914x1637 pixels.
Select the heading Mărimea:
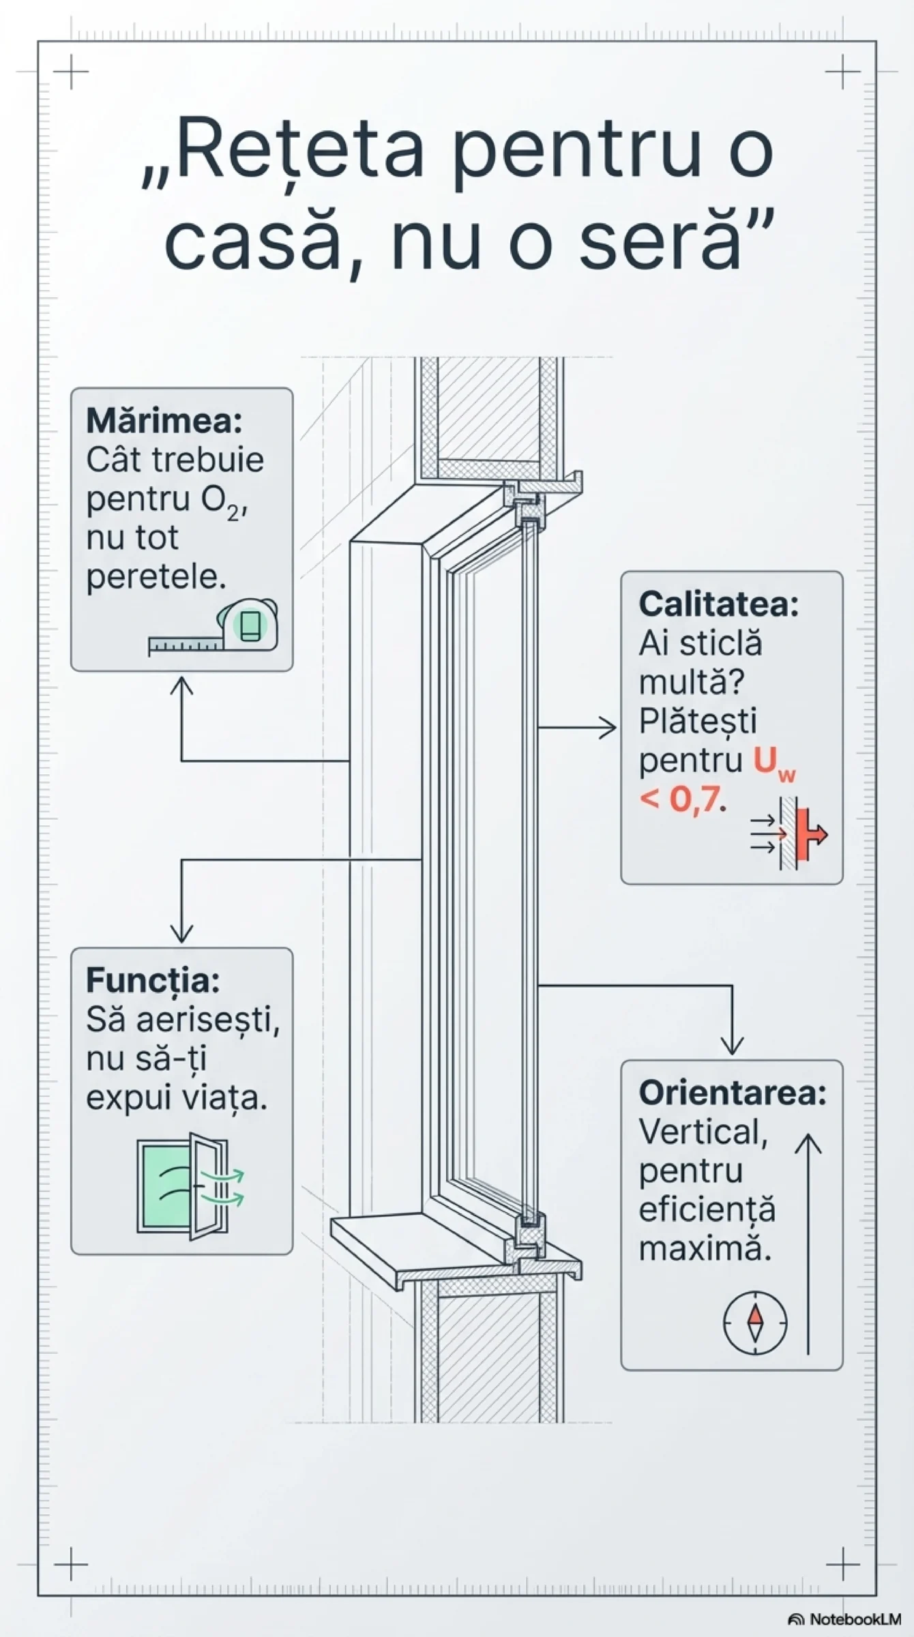(x=164, y=420)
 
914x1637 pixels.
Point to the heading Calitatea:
(x=718, y=604)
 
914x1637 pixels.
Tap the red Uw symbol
(x=773, y=762)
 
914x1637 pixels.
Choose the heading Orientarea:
(x=732, y=1093)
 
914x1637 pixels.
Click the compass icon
(x=754, y=1322)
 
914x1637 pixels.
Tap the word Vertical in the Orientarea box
(x=703, y=1132)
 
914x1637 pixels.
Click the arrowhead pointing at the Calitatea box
(x=609, y=728)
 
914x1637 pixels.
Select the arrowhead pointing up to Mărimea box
(x=181, y=683)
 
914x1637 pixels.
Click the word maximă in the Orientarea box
(x=704, y=1249)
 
